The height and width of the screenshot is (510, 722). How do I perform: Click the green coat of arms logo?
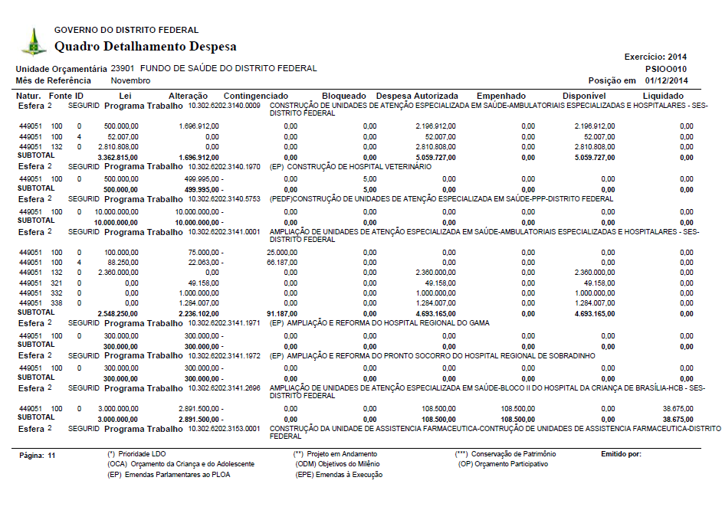[x=33, y=42]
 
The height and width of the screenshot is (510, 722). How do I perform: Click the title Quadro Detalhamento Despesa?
[x=145, y=47]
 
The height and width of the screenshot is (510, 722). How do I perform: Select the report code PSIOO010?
[x=666, y=68]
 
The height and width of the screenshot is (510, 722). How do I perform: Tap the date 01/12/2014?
[x=666, y=80]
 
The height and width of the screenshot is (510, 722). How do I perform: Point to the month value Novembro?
[x=130, y=80]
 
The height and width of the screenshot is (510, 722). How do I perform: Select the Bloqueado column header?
[x=343, y=96]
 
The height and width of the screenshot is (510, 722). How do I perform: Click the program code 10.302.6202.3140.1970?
[x=225, y=166]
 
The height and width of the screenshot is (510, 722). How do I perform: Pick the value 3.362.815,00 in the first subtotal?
[x=118, y=157]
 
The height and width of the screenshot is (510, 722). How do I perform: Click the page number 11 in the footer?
[x=51, y=455]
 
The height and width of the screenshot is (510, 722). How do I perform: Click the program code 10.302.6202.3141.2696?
[x=225, y=388]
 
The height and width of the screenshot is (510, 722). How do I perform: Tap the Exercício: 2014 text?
[x=656, y=57]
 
